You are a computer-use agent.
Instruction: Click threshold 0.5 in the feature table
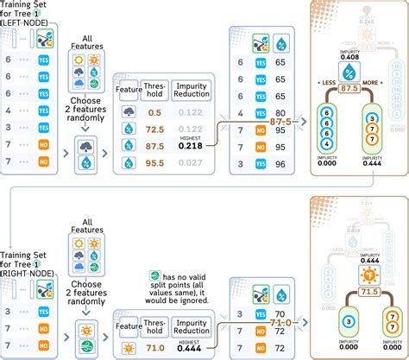[x=156, y=113]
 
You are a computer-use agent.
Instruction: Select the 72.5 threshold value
[x=156, y=128]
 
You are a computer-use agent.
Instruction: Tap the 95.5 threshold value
[x=156, y=161]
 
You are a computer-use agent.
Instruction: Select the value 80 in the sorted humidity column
[x=280, y=112]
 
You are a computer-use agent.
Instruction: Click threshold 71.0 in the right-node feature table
[x=156, y=348]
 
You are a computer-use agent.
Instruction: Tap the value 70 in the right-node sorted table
[x=280, y=316]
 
